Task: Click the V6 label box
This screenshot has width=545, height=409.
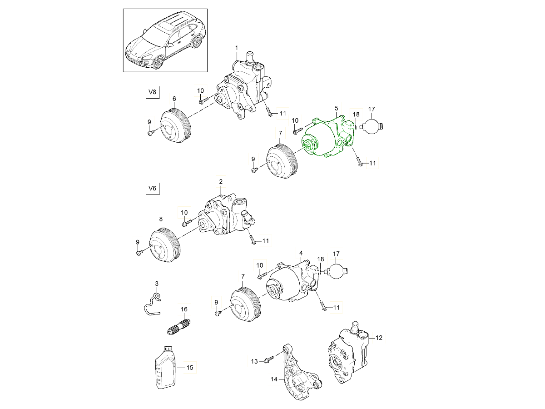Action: point(153,188)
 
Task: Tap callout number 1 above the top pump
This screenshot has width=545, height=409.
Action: point(236,48)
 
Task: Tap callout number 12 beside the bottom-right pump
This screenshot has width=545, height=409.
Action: point(379,338)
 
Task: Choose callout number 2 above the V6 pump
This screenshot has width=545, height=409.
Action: point(221,182)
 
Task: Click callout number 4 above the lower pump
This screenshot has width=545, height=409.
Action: point(300,252)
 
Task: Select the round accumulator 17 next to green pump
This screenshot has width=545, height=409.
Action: point(372,126)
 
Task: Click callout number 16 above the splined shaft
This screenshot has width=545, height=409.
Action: point(184,309)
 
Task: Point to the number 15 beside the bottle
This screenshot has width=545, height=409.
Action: point(190,367)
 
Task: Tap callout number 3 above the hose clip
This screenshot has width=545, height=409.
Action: point(157,284)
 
